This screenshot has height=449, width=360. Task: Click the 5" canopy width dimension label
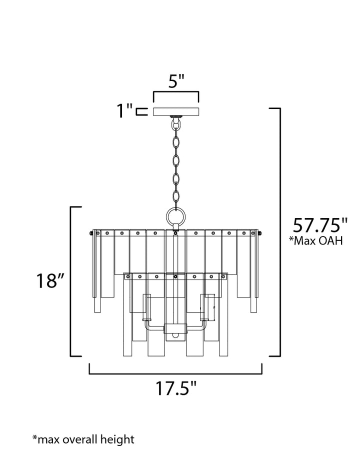point(176,81)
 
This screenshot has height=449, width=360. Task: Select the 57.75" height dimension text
point(320,225)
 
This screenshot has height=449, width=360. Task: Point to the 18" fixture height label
point(50,281)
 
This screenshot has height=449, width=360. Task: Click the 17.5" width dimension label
point(175,389)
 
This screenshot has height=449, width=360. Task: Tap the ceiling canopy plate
point(176,111)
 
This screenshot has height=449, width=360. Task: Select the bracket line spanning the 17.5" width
point(175,372)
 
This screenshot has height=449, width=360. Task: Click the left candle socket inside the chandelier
point(147,307)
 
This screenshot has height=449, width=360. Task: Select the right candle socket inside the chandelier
point(205,307)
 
